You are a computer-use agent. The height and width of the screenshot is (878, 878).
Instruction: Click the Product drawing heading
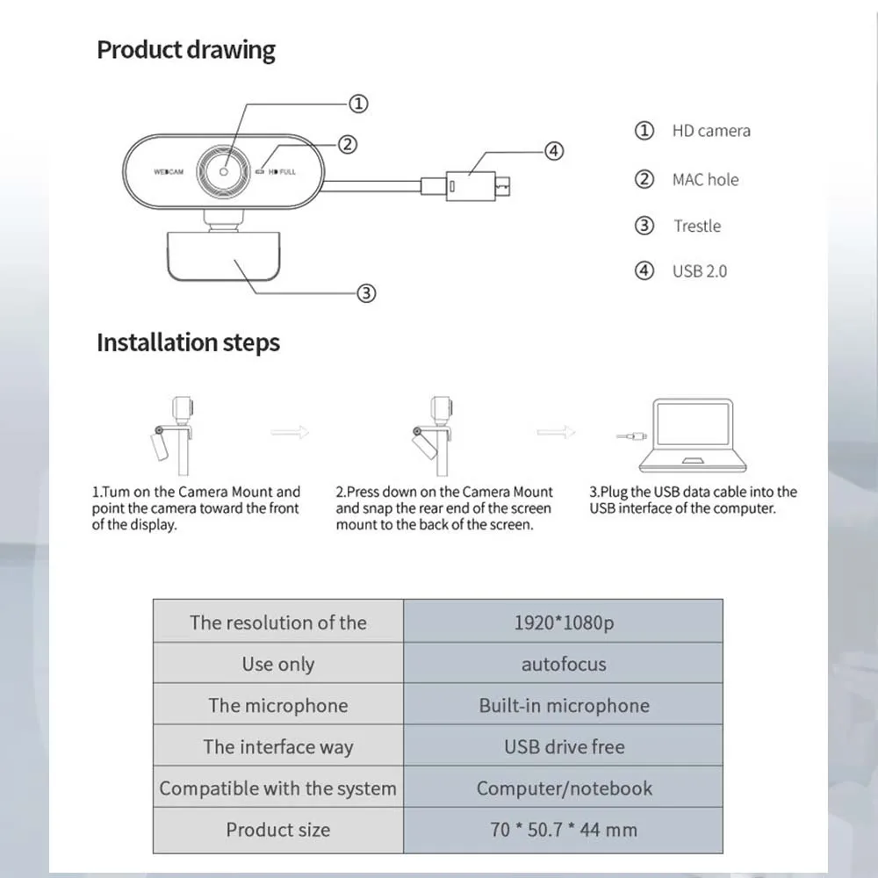[185, 50]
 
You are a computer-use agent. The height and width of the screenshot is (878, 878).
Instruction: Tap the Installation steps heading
[188, 342]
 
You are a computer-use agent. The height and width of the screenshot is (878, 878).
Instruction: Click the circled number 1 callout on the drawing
[358, 104]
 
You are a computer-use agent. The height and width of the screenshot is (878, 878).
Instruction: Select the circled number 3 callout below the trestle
[367, 293]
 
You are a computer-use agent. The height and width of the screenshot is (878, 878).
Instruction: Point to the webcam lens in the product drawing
[224, 171]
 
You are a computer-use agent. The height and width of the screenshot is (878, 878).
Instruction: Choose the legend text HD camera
[711, 131]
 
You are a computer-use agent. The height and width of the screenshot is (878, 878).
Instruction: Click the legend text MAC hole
[705, 180]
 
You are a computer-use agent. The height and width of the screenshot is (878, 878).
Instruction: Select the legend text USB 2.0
[700, 271]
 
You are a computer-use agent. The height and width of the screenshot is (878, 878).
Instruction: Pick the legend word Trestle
[697, 227]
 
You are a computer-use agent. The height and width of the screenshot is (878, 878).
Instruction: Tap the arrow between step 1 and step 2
[290, 432]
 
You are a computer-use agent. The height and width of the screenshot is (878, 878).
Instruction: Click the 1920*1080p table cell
[563, 623]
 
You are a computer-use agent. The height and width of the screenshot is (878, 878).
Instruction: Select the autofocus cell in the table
[563, 664]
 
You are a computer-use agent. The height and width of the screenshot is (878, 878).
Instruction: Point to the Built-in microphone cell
[563, 706]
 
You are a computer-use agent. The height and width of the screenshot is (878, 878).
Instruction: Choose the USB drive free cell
[563, 747]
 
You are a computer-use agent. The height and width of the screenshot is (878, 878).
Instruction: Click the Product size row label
[277, 830]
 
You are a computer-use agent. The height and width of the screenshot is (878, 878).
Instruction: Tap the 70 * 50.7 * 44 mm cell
[563, 830]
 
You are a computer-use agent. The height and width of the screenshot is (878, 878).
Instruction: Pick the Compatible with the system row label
[277, 788]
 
